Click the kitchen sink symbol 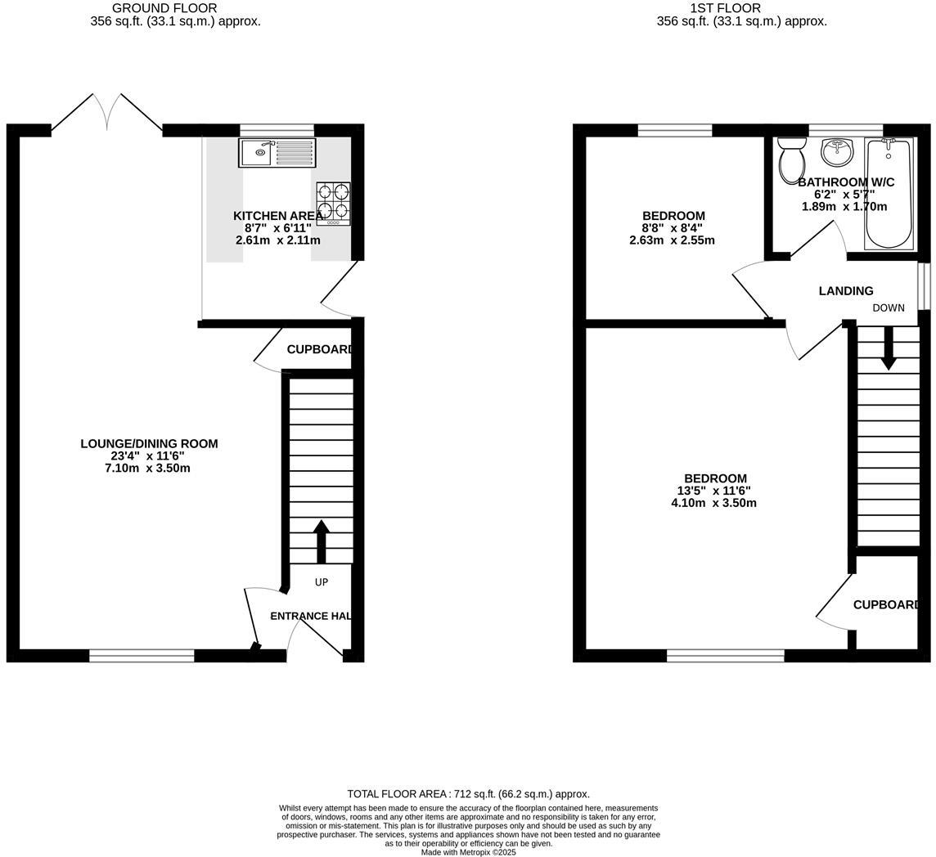(277, 153)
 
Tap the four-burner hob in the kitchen (333, 204)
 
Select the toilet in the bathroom (791, 159)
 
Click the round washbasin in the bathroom (836, 151)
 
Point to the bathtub (889, 194)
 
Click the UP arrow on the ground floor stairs (321, 541)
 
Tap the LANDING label (846, 291)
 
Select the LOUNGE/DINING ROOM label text (149, 444)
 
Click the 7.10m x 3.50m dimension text (148, 469)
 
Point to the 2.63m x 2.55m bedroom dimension (672, 240)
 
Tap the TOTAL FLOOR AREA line (468, 794)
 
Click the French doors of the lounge (107, 113)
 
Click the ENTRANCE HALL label (310, 617)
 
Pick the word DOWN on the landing (889, 308)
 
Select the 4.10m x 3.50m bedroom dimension (713, 503)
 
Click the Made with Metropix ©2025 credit (468, 852)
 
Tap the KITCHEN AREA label (278, 216)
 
